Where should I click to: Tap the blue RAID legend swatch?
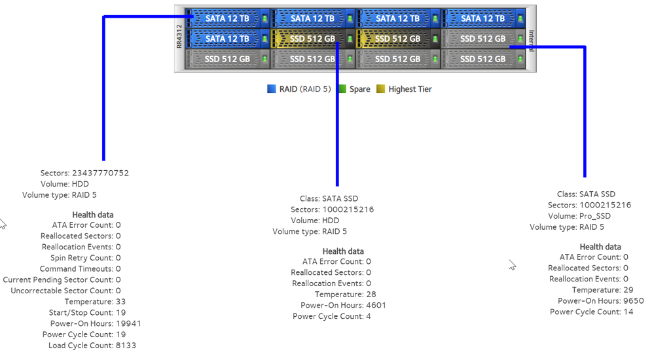coord(271,89)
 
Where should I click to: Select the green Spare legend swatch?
coord(341,89)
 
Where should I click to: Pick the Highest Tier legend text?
coord(410,89)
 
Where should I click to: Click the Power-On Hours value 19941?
coord(128,323)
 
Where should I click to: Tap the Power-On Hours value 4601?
coord(376,306)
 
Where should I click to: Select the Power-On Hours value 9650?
coord(634,301)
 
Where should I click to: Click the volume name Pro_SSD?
coord(596,216)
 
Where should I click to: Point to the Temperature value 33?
coord(120,302)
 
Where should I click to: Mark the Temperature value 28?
coord(371,295)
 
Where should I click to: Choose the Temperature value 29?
coord(628,290)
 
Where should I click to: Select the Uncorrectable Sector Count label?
coord(62,291)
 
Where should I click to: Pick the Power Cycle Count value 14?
coord(628,312)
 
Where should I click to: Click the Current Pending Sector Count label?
coord(58,279)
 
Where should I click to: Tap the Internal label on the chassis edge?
coord(532,39)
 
